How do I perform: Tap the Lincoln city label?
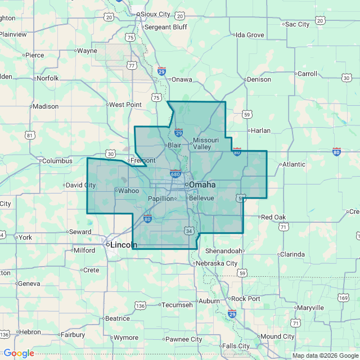(123, 245)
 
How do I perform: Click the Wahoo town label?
(128, 191)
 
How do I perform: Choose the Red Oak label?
(273, 217)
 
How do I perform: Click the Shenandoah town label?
(224, 251)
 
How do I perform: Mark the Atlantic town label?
(294, 164)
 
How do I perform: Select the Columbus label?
(57, 161)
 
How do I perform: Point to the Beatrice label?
(118, 318)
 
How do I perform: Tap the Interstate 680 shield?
(175, 173)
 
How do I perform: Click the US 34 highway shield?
(189, 231)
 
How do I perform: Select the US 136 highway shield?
(140, 305)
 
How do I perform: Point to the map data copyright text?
(324, 355)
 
